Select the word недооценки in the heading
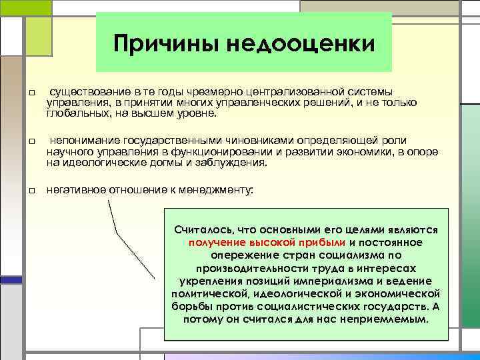(x=302, y=44)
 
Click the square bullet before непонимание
(x=31, y=142)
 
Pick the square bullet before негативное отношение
(x=31, y=191)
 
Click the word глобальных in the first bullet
(x=73, y=113)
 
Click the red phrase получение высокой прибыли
(x=267, y=242)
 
